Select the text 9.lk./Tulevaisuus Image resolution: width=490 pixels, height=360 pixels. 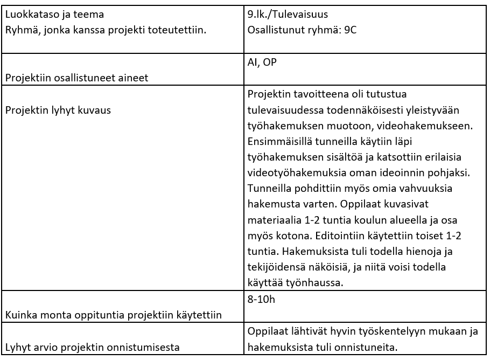pos(288,13)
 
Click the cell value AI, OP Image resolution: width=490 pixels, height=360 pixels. pos(262,63)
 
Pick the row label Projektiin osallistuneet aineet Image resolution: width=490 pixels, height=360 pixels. pos(76,78)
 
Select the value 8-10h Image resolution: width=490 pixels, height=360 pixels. pos(262,300)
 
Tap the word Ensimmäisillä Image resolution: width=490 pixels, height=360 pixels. pos(279,143)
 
